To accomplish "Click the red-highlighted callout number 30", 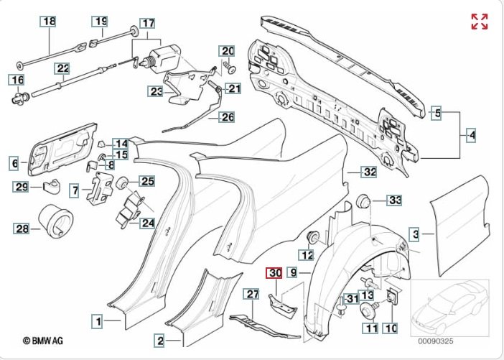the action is tap(274, 273).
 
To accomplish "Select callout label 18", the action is tap(49, 22).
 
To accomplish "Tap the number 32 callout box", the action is tap(369, 172).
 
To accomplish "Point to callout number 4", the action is tap(471, 135).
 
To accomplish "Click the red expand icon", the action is tap(480, 22).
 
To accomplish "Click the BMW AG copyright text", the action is tap(43, 341).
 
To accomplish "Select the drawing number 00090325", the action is tap(436, 341).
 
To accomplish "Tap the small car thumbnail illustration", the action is tap(449, 308).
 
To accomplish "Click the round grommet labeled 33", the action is tap(363, 201).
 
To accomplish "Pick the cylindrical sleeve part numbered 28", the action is tap(55, 221).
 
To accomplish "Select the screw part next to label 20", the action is tap(229, 68).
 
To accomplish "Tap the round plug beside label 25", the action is tap(122, 183).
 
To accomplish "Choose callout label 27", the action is tap(252, 295).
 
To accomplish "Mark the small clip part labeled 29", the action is tap(52, 187).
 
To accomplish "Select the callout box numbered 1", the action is tap(98, 321).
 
